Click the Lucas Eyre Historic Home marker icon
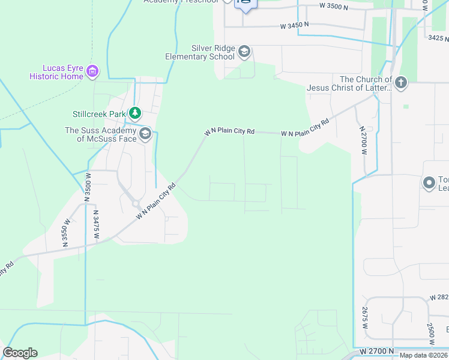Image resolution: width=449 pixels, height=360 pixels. click(x=92, y=72)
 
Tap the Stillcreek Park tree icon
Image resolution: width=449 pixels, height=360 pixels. click(x=136, y=113)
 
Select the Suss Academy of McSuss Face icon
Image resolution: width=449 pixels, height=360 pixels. click(x=145, y=134)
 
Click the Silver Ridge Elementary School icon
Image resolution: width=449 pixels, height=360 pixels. click(x=244, y=52)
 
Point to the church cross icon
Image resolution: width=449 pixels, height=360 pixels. click(x=400, y=83)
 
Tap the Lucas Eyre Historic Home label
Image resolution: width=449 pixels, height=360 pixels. click(x=57, y=72)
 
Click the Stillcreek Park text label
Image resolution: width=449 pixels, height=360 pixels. click(x=99, y=113)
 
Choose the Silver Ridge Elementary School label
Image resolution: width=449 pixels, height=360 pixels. click(x=200, y=52)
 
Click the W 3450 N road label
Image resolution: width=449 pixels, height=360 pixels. click(x=294, y=26)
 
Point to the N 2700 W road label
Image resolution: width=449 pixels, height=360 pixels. click(x=363, y=141)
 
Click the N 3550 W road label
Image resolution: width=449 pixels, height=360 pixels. click(x=67, y=230)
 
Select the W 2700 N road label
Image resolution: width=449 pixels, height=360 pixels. click(x=377, y=350)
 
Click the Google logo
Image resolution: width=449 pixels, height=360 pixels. click(x=20, y=353)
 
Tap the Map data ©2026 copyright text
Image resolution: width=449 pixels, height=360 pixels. click(x=424, y=355)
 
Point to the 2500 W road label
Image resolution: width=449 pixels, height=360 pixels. click(x=431, y=332)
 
